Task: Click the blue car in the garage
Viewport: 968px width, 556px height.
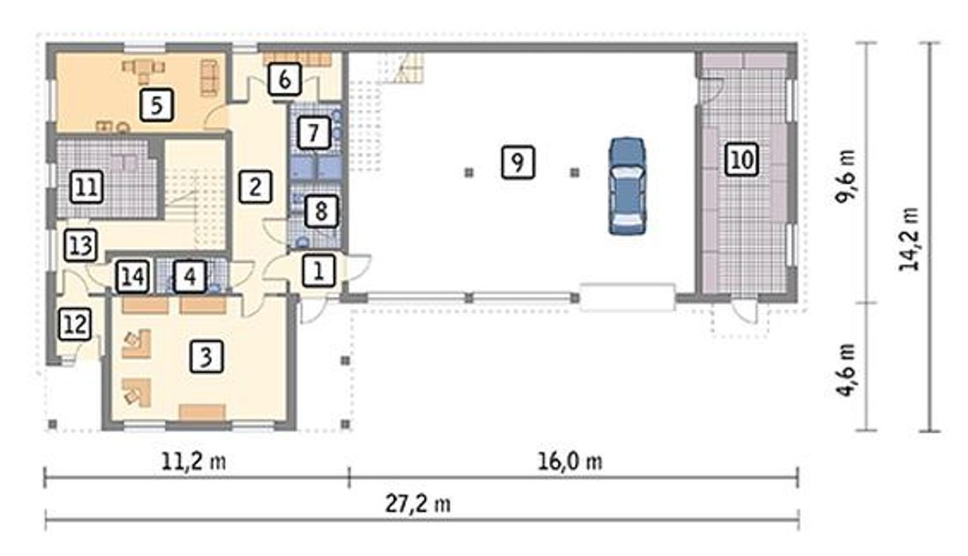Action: (x=628, y=186)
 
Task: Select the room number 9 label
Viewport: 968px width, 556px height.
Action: (x=518, y=163)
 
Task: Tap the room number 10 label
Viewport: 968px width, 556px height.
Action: (x=742, y=160)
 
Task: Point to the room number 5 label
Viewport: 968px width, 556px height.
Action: (x=157, y=105)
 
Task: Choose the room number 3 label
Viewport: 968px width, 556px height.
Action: (x=206, y=357)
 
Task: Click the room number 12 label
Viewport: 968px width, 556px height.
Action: (x=75, y=325)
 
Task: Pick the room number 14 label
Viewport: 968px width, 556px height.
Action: (x=133, y=276)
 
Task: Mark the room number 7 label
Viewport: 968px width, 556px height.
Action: (x=314, y=132)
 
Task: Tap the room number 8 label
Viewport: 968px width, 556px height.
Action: (x=321, y=212)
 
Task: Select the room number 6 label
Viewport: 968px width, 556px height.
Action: (x=284, y=79)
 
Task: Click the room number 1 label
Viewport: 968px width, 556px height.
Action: (x=319, y=271)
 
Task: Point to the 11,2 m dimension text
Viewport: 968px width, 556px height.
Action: (x=194, y=462)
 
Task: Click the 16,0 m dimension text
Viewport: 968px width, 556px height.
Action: (x=570, y=462)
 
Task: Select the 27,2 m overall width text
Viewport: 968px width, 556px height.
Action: (x=418, y=504)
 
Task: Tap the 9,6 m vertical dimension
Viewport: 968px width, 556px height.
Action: (x=845, y=176)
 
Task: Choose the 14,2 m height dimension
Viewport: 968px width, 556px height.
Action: (x=909, y=240)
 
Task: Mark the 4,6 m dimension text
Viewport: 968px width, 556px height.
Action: (x=845, y=370)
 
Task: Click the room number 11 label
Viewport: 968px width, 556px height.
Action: (x=86, y=187)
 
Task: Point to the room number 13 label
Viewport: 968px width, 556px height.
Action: (x=80, y=245)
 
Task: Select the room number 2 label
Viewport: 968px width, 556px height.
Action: (x=256, y=187)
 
